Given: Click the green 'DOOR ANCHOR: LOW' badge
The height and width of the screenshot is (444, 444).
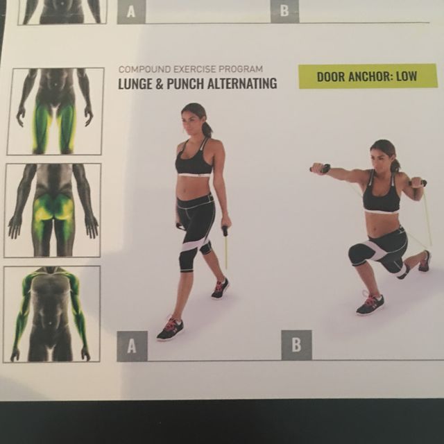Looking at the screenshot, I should (368, 76).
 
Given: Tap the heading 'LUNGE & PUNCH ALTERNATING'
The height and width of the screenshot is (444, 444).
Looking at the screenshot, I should (198, 84).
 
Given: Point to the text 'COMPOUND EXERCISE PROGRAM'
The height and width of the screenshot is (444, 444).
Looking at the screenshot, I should (191, 69).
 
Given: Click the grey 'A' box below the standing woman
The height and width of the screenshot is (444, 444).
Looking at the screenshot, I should (132, 345).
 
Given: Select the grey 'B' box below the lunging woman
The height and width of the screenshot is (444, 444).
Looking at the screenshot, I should (296, 345).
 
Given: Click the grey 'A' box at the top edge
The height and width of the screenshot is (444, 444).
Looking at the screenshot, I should (131, 11).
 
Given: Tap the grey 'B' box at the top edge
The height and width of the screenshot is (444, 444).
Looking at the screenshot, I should (284, 11).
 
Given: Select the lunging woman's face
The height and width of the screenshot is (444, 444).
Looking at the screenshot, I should (381, 157).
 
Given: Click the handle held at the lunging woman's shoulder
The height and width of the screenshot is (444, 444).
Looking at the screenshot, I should (418, 183).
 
